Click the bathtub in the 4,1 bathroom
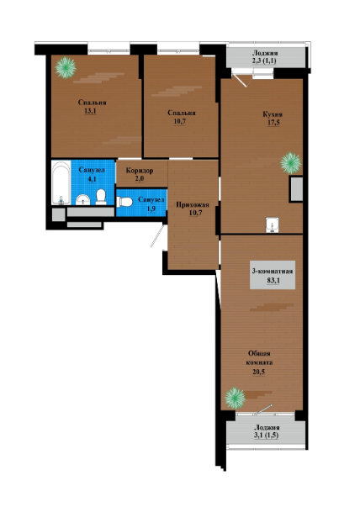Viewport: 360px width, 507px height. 61,182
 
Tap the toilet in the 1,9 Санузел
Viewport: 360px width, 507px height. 124,202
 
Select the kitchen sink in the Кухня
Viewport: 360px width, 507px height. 273,225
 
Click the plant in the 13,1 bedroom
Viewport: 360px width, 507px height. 66,67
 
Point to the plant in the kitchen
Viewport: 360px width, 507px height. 291,163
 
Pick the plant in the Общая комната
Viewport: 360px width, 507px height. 236,398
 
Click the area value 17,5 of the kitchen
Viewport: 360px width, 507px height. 273,124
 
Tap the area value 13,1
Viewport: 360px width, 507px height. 91,111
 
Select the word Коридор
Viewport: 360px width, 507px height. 140,171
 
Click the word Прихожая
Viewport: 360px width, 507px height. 193,204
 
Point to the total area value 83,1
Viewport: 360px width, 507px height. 273,280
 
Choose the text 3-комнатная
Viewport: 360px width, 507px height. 273,272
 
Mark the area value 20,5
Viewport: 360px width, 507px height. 259,372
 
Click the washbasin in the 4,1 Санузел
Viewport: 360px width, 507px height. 83,200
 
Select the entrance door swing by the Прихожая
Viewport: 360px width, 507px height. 158,235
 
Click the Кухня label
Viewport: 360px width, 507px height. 273,114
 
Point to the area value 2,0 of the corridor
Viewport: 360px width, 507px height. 139,179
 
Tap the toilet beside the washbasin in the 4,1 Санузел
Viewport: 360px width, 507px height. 101,197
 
